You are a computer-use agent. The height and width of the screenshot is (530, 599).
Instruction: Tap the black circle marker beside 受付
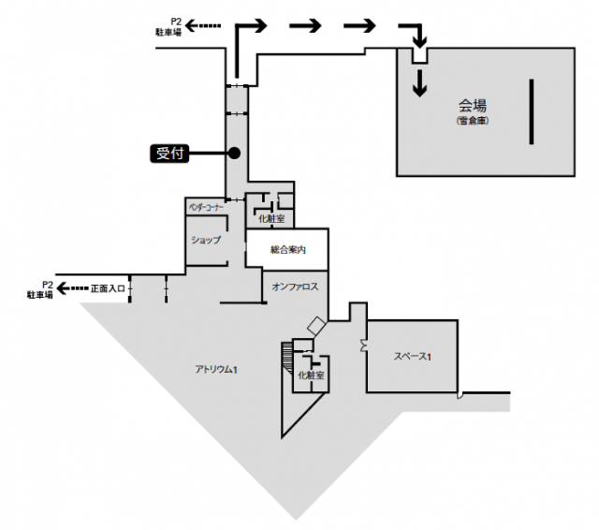234,153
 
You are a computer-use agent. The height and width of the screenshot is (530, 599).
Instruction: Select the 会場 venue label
473,105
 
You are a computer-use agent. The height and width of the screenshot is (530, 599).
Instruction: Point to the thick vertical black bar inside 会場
532,111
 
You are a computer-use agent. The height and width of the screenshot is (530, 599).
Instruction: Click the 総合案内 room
286,250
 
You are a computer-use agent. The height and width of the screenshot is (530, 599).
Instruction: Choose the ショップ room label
206,240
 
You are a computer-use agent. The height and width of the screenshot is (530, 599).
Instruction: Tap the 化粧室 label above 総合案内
270,219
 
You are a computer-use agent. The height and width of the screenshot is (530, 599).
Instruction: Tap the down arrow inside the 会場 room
420,84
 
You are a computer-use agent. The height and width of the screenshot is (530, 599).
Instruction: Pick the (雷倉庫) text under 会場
474,121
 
